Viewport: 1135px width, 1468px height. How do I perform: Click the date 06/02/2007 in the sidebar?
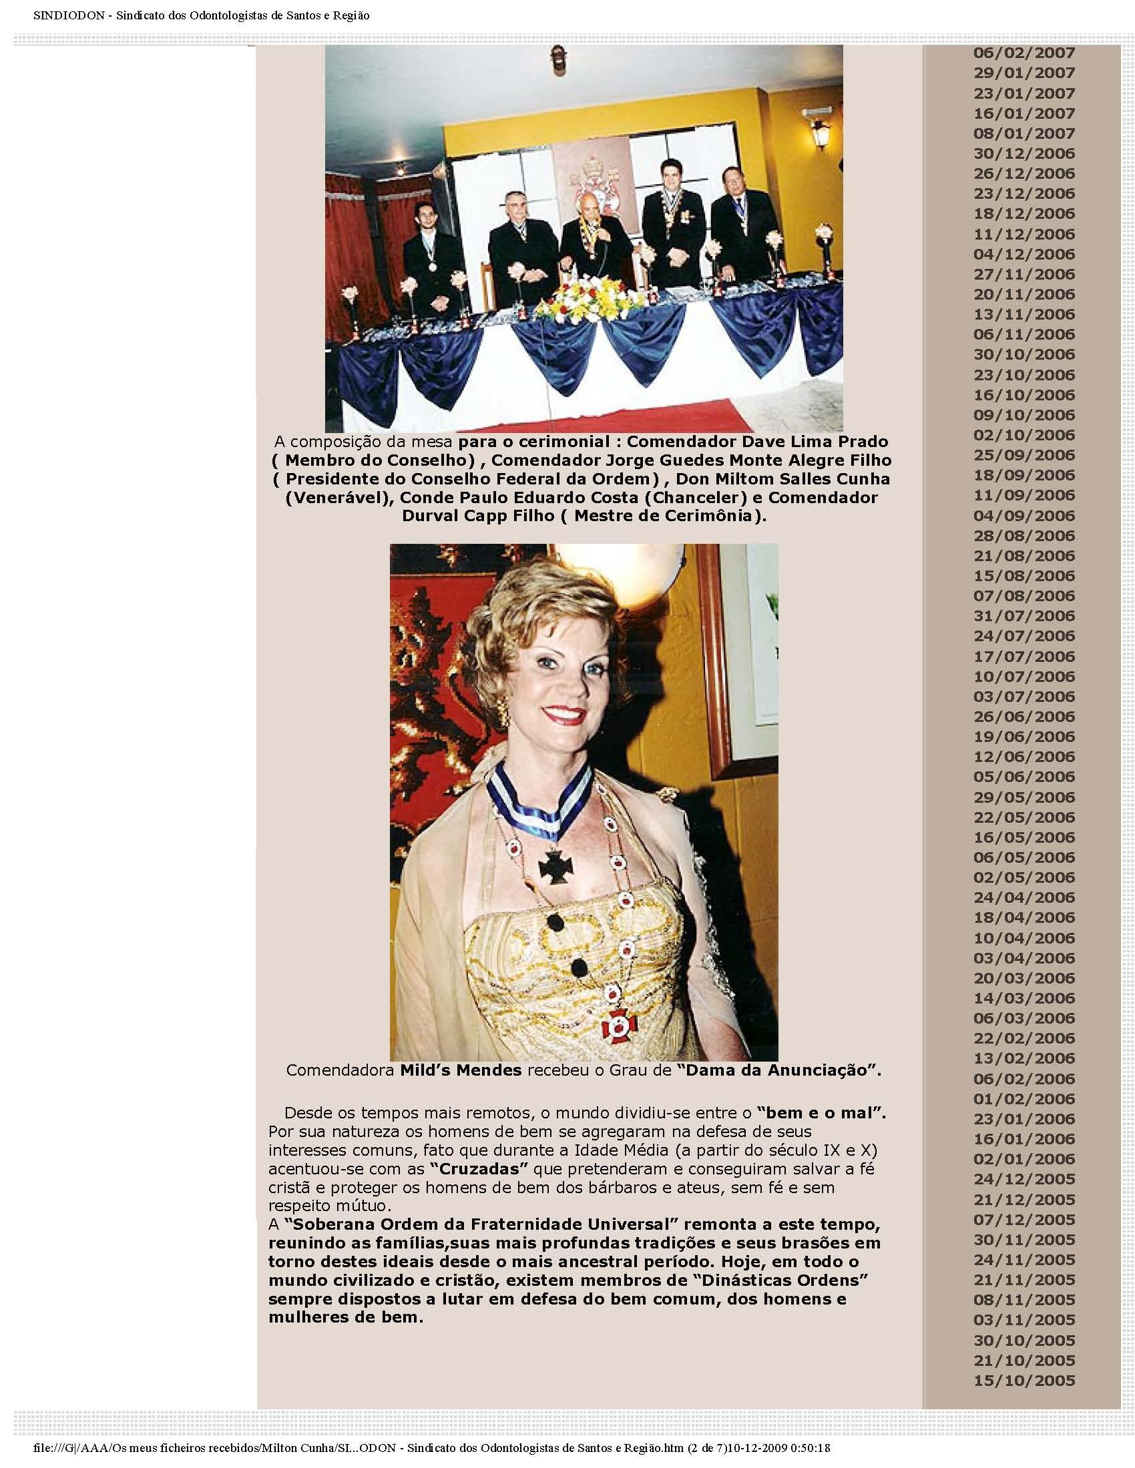pyautogui.click(x=1024, y=53)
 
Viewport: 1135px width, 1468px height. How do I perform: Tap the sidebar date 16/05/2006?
pyautogui.click(x=1024, y=837)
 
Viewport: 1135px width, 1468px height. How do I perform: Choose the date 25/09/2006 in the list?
pyautogui.click(x=1024, y=455)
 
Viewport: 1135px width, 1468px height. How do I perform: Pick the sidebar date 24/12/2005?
pyautogui.click(x=1024, y=1179)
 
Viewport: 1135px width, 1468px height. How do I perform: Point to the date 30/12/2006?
pyautogui.click(x=1024, y=153)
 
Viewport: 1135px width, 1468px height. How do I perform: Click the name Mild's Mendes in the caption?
pyautogui.click(x=461, y=1070)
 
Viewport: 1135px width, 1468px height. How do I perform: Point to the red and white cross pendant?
pyautogui.click(x=614, y=1026)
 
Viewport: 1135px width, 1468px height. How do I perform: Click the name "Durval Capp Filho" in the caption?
pyautogui.click(x=483, y=516)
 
